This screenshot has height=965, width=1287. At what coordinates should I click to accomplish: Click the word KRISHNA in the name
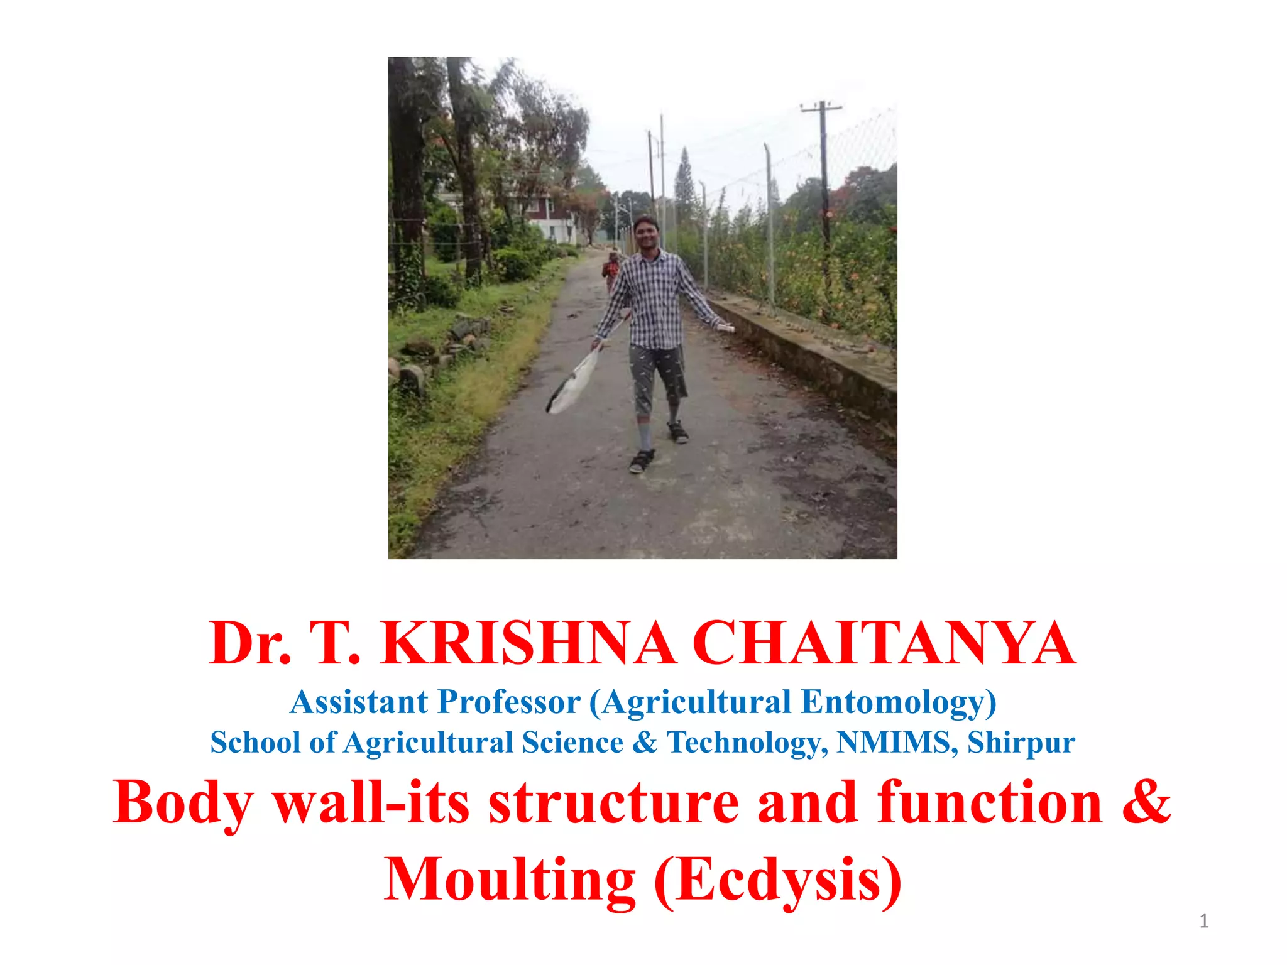click(528, 644)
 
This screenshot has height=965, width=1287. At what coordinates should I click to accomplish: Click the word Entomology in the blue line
click(899, 702)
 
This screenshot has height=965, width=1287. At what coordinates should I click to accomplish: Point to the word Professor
click(509, 702)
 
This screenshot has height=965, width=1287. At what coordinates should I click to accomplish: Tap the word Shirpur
click(1021, 743)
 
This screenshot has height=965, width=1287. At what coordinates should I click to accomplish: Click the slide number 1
click(1203, 922)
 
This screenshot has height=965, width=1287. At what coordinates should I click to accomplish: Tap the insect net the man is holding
click(572, 383)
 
